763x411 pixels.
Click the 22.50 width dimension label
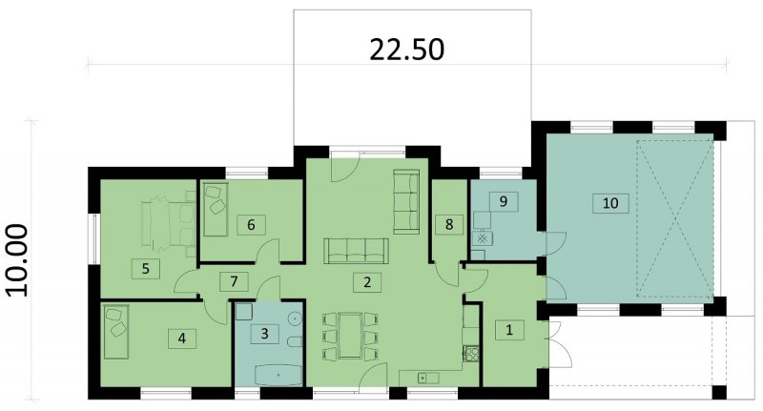point(407,50)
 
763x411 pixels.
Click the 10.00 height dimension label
point(19,259)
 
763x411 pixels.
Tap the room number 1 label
point(509,330)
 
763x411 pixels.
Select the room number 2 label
point(367,281)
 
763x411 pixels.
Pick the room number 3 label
point(265,334)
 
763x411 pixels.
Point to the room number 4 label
point(182,338)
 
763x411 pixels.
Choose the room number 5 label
point(146,269)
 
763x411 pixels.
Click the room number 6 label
point(251,225)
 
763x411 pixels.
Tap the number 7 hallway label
point(234,281)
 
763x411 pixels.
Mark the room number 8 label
point(449,224)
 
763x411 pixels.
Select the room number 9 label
point(504,201)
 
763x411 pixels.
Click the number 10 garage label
point(610,202)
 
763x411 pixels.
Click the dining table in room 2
point(350,336)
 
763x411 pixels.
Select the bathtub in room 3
point(278,375)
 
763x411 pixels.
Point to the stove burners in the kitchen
point(470,353)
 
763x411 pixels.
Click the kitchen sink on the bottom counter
point(423,378)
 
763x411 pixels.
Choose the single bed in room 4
point(115,332)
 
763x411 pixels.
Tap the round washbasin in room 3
point(295,319)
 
